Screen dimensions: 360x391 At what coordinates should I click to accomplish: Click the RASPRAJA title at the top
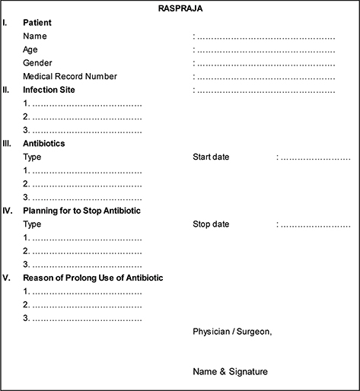[180, 8]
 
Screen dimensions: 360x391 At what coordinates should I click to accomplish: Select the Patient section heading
[37, 23]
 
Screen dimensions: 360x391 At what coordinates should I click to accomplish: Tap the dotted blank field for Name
[266, 37]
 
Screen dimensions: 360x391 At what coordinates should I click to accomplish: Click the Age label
[30, 49]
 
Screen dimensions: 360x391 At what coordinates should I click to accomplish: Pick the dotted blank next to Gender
[266, 63]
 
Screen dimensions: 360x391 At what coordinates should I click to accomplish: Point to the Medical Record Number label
[70, 76]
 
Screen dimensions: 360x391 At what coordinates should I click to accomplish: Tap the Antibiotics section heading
[44, 143]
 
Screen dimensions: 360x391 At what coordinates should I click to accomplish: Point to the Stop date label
[211, 224]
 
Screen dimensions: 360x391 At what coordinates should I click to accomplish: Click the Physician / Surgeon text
[232, 331]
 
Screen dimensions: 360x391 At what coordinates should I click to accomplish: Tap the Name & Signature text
[231, 371]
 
